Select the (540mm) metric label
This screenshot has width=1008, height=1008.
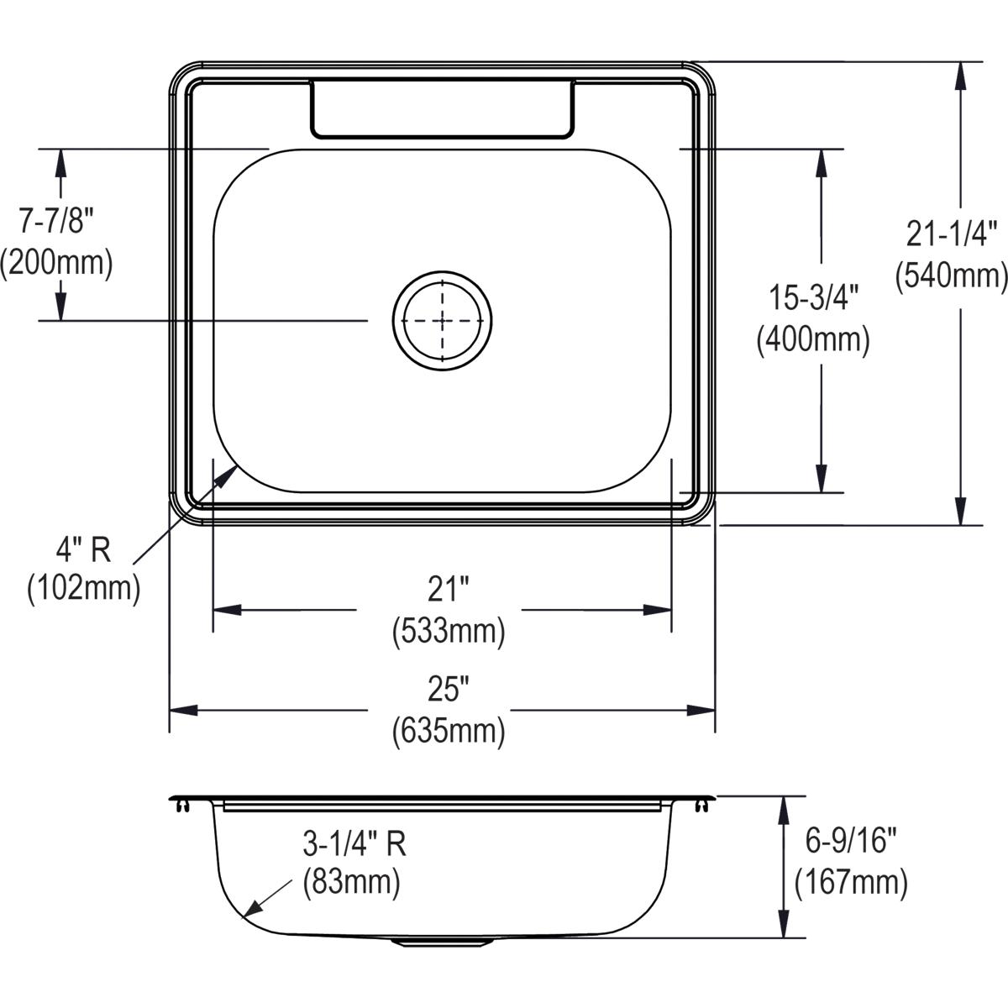951,275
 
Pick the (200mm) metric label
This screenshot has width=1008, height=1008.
56,263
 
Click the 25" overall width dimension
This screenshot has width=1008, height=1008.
448,690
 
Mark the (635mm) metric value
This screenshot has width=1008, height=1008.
449,732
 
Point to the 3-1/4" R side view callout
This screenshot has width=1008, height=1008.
354,843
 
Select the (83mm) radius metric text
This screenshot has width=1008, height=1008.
351,883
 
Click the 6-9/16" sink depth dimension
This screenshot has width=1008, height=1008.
850,840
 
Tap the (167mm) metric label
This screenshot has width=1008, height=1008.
851,883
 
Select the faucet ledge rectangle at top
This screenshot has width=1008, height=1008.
443,109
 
